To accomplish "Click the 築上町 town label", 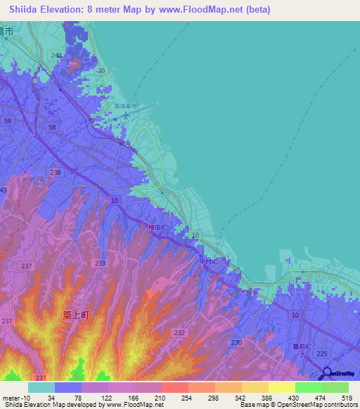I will point(76,316).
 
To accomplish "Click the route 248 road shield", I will point(56,55).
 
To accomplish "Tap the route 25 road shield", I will point(101,70).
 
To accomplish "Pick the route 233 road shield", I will point(100,263).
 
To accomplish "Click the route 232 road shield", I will point(179,332).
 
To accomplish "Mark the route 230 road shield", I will point(236,342).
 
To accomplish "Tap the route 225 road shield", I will point(323,354).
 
